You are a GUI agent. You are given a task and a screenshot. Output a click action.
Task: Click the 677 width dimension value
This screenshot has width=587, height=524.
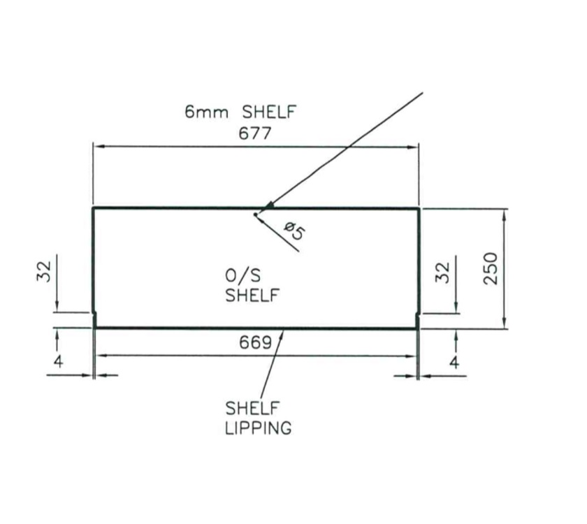click(255, 133)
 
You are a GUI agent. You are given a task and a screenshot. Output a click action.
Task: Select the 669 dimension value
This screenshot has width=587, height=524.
click(255, 343)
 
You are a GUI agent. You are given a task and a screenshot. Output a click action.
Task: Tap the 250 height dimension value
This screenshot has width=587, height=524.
click(491, 268)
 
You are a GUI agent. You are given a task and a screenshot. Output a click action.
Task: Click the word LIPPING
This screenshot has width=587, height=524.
click(258, 428)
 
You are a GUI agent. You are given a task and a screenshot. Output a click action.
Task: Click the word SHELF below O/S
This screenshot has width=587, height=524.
click(252, 295)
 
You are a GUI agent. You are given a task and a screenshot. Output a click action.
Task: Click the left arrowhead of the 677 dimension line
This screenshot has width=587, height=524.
click(98, 147)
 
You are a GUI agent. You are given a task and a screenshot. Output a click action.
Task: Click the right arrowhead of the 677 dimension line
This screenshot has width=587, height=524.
click(414, 147)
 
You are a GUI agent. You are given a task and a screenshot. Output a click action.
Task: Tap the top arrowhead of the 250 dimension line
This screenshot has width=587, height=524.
click(505, 213)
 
